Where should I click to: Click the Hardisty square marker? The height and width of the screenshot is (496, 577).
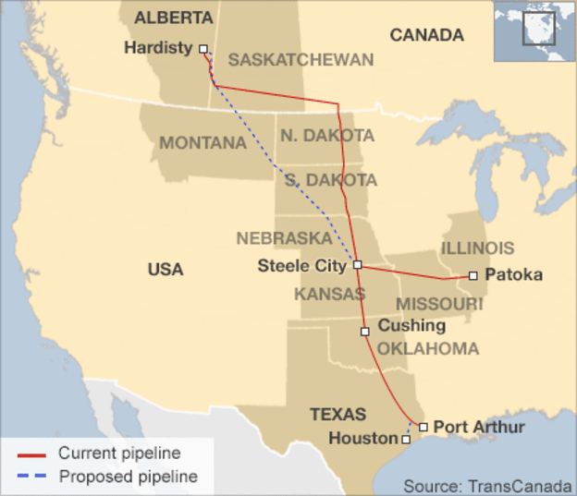pos(203,50)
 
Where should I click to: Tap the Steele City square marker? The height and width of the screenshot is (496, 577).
pos(358,265)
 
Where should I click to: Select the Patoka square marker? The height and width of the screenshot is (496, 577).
pos(473,275)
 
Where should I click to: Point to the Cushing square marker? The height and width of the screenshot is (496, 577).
pos(365,331)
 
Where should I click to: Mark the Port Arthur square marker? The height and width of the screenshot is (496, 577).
pos(423,427)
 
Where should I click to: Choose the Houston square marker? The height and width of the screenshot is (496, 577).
pos(406,440)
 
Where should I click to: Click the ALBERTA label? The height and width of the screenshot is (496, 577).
pos(173,18)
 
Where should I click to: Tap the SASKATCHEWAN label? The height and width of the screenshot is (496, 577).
pos(301,60)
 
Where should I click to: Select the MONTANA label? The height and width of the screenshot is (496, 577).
pos(202,143)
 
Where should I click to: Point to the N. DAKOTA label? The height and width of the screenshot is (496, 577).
pos(327,136)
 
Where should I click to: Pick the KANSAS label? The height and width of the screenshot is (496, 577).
pos(329,294)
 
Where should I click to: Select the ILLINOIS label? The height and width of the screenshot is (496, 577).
pos(477,248)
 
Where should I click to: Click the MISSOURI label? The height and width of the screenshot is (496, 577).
pos(439,304)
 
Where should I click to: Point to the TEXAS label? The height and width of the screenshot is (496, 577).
pos(338,414)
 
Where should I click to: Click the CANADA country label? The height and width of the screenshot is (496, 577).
pos(426,35)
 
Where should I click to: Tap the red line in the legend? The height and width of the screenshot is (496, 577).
pos(32,454)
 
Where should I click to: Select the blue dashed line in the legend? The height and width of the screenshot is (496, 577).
pos(32,478)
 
